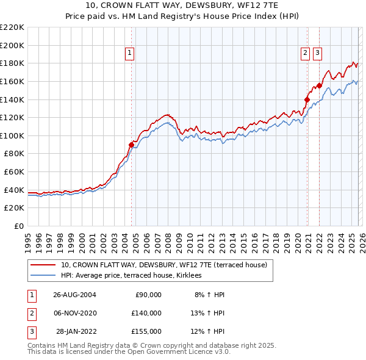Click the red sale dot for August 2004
tap(131, 145)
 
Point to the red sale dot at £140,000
tap(307, 99)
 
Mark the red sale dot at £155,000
tap(320, 86)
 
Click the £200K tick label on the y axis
tap(12, 45)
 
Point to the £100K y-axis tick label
tap(12, 135)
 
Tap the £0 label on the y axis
tap(19, 226)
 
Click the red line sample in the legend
tap(43, 265)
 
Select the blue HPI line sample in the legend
tap(43, 276)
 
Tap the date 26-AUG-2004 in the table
tap(74, 295)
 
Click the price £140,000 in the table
tap(146, 313)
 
